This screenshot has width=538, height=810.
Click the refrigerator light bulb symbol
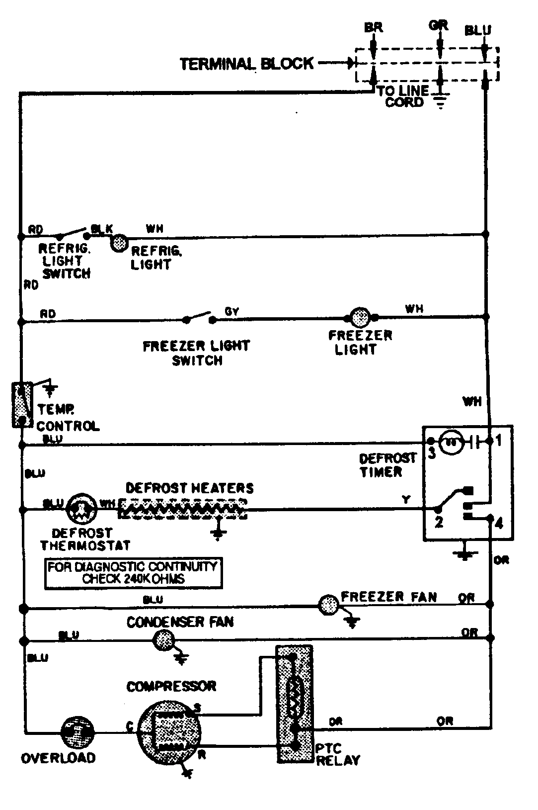tap(118, 243)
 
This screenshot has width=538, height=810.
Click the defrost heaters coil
tap(183, 508)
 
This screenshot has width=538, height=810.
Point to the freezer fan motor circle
tap(328, 605)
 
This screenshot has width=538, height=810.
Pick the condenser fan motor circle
tap(164, 640)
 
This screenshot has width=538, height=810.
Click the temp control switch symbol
tap(22, 404)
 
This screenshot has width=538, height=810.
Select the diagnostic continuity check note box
tap(133, 573)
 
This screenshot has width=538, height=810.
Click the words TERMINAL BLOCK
tap(246, 64)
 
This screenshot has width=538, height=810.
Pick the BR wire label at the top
tap(374, 27)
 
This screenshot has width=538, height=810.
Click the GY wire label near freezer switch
tap(232, 311)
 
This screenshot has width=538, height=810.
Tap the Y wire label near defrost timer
tap(406, 500)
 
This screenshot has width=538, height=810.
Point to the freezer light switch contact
tap(199, 317)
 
